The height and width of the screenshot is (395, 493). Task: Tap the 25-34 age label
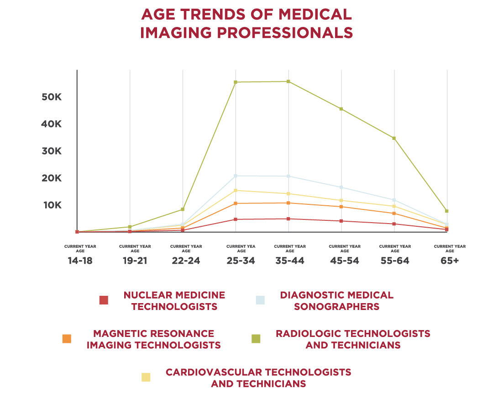[x=240, y=261]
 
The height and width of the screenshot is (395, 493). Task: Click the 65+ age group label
[x=450, y=261]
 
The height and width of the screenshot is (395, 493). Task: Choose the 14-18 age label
[x=80, y=261]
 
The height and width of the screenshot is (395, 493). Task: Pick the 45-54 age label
[x=344, y=261]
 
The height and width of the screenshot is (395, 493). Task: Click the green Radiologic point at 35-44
[x=288, y=81]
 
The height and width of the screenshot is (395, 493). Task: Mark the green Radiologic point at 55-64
[x=393, y=138]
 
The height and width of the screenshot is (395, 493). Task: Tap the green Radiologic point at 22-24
[x=183, y=209]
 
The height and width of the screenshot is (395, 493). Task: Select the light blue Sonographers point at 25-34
[x=236, y=176]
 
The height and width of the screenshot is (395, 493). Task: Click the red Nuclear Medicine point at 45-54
[x=341, y=221]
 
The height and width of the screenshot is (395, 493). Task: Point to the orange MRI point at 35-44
[x=288, y=203]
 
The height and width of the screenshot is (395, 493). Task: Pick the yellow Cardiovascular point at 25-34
[x=236, y=190]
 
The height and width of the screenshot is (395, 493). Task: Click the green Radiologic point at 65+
[x=447, y=211]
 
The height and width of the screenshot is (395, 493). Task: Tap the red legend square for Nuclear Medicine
[x=104, y=300]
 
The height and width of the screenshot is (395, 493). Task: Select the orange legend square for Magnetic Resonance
[x=67, y=339]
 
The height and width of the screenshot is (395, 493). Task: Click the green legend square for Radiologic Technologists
[x=256, y=339]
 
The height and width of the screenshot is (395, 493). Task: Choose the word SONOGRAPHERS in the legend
[x=336, y=307]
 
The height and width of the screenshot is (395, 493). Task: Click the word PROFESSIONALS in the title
[x=280, y=33]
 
